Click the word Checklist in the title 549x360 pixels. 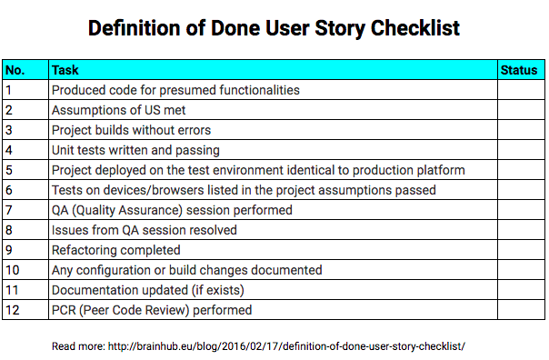414,28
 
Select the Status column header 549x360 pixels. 519,70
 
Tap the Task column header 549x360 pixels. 65,70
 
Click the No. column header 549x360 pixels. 15,70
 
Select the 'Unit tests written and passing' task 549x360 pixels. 135,150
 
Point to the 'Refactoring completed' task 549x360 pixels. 115,250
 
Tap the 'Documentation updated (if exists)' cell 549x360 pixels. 147,290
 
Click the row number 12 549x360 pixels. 12,310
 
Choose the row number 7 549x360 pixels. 8,210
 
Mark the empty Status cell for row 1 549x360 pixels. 520,90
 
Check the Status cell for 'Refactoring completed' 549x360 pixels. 520,250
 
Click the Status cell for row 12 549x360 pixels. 520,310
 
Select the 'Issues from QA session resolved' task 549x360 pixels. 144,230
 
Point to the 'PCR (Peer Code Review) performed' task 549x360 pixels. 151,310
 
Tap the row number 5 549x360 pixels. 8,170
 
